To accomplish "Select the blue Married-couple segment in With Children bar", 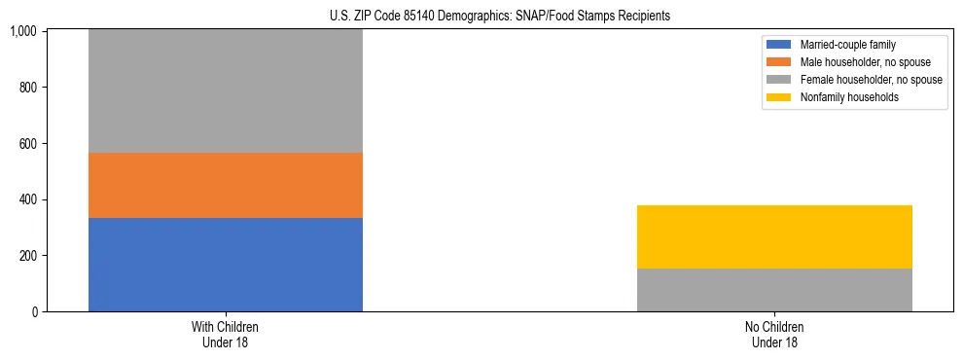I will (226, 265).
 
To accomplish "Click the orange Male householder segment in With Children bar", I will (226, 185).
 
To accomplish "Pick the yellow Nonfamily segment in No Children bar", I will (774, 236).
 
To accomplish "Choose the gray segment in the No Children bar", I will (774, 290).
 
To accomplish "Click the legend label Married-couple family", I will (848, 45).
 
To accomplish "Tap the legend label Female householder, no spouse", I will (871, 80).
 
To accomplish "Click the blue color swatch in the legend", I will (779, 45).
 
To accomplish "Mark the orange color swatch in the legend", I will (779, 62).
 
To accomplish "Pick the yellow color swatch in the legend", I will (779, 97).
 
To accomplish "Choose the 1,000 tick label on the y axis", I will (24, 32).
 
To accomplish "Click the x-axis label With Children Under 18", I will (226, 335).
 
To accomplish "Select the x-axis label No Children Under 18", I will (774, 335).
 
